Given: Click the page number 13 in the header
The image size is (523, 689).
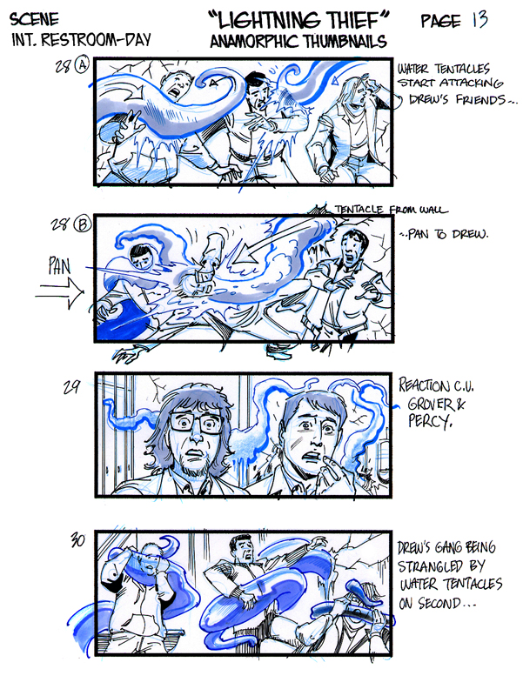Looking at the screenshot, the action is pos(480,19).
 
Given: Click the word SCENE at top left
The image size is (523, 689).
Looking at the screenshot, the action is pos(34,19).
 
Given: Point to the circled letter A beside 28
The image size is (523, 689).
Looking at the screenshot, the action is pos(82,65).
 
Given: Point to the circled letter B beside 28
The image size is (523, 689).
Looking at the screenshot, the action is pos(83,224).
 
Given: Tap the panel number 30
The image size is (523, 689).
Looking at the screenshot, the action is pos(77,540).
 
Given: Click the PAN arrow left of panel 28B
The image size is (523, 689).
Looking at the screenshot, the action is pos(59,291).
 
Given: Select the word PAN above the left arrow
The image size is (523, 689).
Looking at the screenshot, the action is pos(59,265).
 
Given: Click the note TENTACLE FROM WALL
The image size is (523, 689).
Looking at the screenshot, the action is pos(391,210).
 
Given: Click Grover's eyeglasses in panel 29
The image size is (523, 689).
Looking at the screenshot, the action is pos(197,423).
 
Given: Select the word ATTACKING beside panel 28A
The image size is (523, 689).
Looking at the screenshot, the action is pos(471,83).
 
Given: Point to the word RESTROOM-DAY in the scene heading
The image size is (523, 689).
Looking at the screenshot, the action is pos(97,40).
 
